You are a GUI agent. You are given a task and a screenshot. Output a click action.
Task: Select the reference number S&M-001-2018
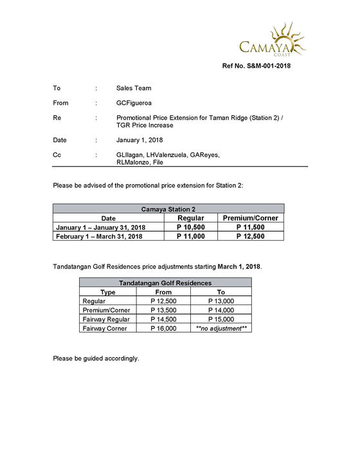[x=257, y=66]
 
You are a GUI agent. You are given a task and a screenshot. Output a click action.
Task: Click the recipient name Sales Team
[x=134, y=88]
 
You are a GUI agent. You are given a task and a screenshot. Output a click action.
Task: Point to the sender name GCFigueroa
[x=135, y=103]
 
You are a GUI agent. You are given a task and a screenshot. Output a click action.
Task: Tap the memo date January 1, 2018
[x=139, y=140]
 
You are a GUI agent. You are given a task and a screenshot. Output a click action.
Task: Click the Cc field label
[x=57, y=155]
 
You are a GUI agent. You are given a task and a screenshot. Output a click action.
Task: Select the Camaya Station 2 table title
[x=168, y=209]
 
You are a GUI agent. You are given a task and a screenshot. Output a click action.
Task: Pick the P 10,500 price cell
[x=190, y=227]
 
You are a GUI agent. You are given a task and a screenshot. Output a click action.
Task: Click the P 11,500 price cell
[x=251, y=227]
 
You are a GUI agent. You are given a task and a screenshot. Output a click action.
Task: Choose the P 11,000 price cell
[x=190, y=236]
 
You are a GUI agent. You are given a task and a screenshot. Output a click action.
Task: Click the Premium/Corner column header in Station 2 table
[x=251, y=218]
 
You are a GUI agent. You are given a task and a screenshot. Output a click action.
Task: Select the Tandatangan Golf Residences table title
[x=165, y=283]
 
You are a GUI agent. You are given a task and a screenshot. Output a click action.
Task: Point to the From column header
[x=163, y=292]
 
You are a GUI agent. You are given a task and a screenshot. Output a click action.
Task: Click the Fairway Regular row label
[x=106, y=319]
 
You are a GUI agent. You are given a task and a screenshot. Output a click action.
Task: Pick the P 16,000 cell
[x=163, y=328]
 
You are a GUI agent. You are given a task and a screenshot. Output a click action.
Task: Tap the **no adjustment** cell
[x=221, y=328]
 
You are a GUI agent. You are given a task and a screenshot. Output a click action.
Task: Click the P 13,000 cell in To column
[x=221, y=301]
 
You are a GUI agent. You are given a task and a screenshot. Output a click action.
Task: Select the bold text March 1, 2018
[x=239, y=266]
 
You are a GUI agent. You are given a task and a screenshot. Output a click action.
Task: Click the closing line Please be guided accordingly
[x=96, y=358]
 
